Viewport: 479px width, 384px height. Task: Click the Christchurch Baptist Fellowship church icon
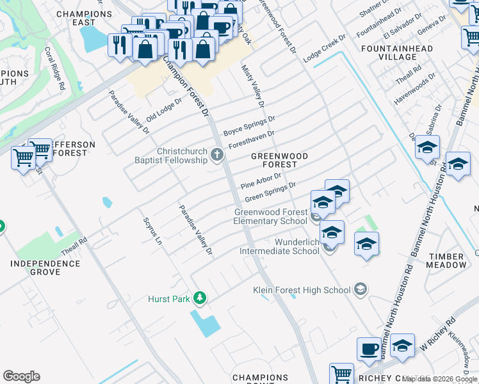[218, 154]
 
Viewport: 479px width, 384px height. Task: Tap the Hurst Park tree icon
[200, 298]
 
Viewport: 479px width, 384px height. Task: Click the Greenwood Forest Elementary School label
[270, 216]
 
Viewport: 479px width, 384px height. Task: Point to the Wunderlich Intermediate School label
[297, 246]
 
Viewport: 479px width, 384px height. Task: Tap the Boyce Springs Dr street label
[249, 125]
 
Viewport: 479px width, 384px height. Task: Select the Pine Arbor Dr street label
[261, 180]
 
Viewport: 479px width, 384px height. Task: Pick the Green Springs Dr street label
[270, 191]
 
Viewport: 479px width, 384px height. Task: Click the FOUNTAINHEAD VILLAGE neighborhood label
[397, 52]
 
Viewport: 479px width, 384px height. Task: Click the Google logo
[21, 376]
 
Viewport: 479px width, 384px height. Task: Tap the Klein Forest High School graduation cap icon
[361, 290]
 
